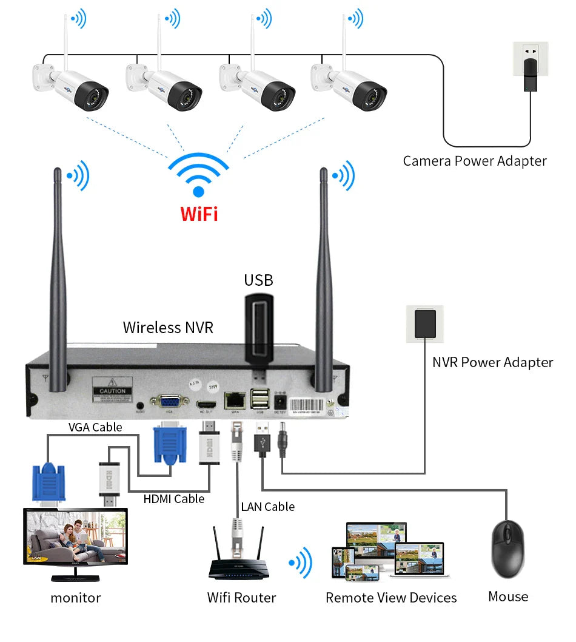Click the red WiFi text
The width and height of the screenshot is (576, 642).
199,214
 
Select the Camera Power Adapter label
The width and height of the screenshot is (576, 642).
475,161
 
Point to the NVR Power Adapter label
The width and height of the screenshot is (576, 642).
492,362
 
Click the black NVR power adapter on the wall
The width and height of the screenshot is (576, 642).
425,323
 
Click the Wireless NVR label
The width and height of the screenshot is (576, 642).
168,328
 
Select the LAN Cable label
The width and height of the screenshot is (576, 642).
267,507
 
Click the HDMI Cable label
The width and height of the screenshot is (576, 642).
174,499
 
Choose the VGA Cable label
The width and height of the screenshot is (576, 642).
95,427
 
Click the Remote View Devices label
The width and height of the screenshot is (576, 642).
391,598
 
